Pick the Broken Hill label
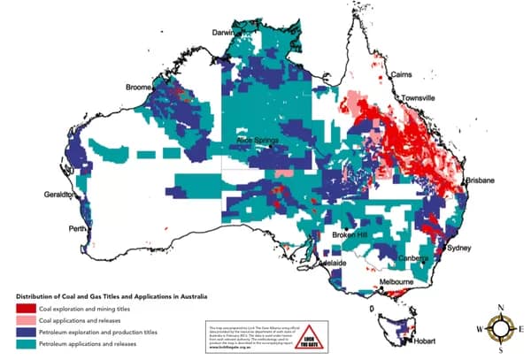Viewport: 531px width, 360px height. [350, 235]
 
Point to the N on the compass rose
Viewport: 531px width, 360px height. [502, 307]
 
